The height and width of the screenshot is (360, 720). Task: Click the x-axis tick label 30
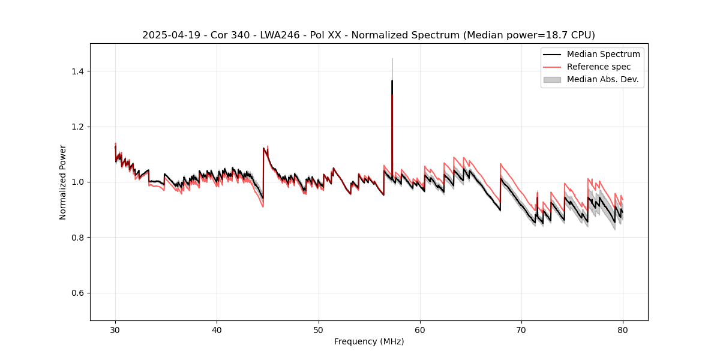(x=115, y=330)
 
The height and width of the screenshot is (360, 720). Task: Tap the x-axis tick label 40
(x=217, y=330)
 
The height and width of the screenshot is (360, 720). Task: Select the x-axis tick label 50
(x=318, y=330)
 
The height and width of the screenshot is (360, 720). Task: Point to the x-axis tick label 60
(x=419, y=330)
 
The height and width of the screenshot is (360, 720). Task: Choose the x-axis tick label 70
(x=521, y=330)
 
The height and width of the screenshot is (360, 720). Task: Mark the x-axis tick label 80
(x=622, y=330)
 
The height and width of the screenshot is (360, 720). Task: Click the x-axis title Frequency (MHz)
(x=369, y=342)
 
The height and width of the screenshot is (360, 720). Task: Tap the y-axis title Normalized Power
(x=63, y=182)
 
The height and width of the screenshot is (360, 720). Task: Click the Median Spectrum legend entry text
(x=603, y=54)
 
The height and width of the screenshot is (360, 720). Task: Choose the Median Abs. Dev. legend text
(x=602, y=79)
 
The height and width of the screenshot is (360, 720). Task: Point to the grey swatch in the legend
(x=551, y=79)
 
